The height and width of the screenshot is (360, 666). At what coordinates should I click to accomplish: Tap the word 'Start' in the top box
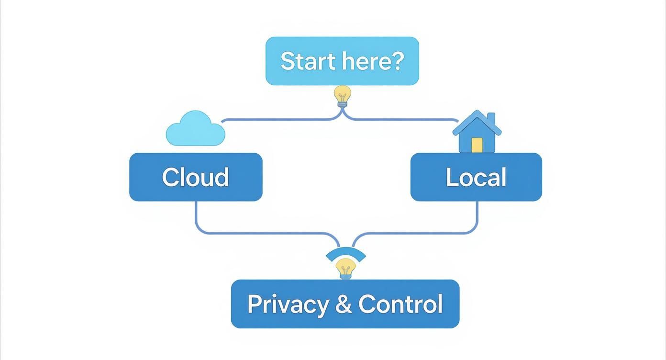pyautogui.click(x=300, y=61)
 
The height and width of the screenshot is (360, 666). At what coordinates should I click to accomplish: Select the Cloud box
pyautogui.click(x=196, y=177)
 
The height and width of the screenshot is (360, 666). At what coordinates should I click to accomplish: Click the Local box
pyautogui.click(x=476, y=177)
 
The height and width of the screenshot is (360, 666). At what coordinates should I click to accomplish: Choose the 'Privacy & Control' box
pyautogui.click(x=345, y=304)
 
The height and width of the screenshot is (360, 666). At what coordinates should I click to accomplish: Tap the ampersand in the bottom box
pyautogui.click(x=343, y=304)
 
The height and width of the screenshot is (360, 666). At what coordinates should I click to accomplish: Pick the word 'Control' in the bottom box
pyautogui.click(x=400, y=304)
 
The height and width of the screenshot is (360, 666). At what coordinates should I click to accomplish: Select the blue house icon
pyautogui.click(x=477, y=133)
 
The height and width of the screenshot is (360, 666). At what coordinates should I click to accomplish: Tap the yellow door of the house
pyautogui.click(x=477, y=145)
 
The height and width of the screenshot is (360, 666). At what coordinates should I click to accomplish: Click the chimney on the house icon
pyautogui.click(x=491, y=118)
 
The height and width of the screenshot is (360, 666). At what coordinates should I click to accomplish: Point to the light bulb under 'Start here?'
pyautogui.click(x=342, y=95)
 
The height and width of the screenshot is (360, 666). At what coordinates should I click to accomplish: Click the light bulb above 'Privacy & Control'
pyautogui.click(x=345, y=268)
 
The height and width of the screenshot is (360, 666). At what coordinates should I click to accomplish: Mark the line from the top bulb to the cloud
pyautogui.click(x=277, y=120)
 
